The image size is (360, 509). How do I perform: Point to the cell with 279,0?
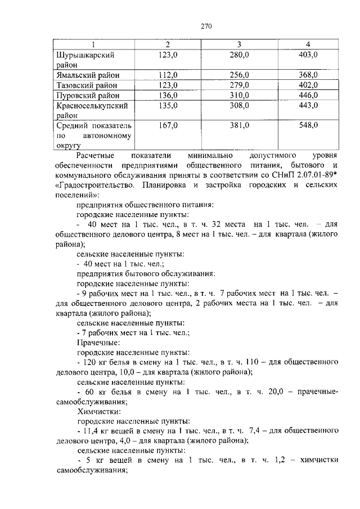coord(239,85)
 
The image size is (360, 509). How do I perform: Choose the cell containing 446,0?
coord(308,95)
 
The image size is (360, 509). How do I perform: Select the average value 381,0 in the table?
coord(239,125)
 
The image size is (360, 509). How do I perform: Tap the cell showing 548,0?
coord(308,125)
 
